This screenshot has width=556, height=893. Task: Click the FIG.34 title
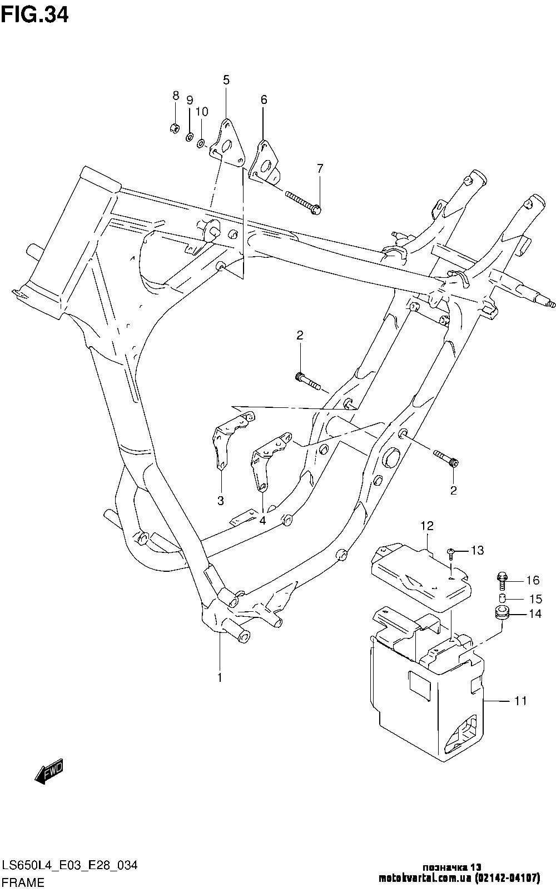(34, 14)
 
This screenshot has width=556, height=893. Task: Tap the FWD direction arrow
(49, 771)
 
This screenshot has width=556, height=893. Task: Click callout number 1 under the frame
(220, 677)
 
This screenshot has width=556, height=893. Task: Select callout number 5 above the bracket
(226, 80)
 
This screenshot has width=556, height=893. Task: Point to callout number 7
(320, 168)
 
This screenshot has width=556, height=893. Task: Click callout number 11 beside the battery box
(520, 701)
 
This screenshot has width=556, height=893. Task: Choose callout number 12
(426, 525)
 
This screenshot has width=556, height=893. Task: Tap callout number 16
(532, 581)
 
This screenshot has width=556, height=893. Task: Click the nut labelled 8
(173, 129)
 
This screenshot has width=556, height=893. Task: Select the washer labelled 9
(189, 137)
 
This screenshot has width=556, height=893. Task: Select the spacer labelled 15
(502, 598)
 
